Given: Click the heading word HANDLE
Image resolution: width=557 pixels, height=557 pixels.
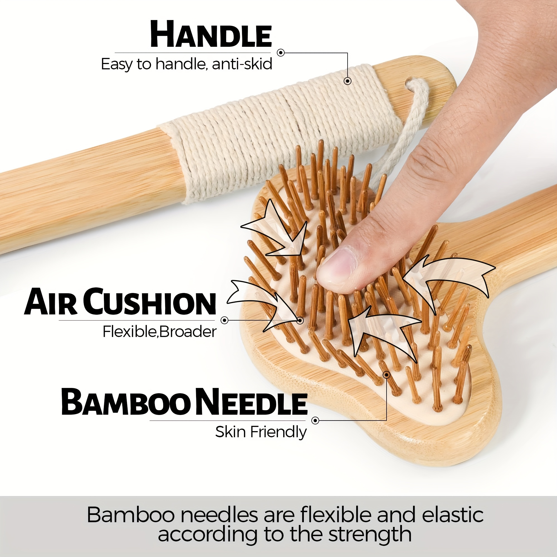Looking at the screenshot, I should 211,35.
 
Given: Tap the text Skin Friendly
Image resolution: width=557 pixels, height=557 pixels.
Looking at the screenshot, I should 261,432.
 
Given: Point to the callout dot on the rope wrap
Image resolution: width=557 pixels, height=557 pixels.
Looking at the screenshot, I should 347,81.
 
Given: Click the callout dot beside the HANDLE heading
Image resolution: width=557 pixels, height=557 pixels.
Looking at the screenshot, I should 280,53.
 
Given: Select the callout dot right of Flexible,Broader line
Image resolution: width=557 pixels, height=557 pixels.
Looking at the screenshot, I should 224,320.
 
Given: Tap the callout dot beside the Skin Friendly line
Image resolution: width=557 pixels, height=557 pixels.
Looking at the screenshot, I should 316,421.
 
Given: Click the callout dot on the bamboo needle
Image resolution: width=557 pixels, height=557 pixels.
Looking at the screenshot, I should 387,375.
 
